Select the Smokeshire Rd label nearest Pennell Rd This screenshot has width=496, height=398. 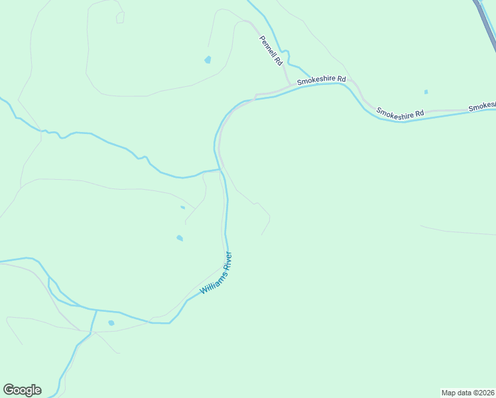point(322,80)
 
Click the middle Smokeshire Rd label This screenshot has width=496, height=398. point(400,113)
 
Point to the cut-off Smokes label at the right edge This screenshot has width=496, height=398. point(481,107)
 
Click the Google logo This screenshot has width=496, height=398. point(22,390)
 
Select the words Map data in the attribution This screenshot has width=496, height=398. point(456,392)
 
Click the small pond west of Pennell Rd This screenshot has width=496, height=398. point(208,60)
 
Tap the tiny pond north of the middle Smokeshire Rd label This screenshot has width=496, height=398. point(426,92)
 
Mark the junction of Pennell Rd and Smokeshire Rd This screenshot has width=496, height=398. point(290,85)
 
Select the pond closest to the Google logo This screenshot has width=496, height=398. point(111,323)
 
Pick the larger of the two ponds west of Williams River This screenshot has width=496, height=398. point(179,237)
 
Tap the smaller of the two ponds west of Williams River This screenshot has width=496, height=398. point(182,208)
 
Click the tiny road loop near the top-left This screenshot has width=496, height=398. point(120,17)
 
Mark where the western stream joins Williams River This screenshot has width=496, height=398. point(219,170)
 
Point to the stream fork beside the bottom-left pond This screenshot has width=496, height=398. point(96,310)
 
